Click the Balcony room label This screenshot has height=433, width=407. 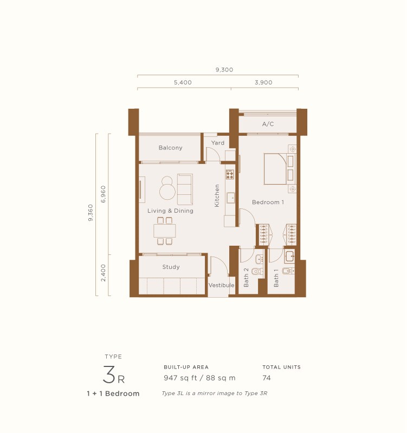pyautogui.click(x=170, y=148)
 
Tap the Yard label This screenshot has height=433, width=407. pyautogui.click(x=217, y=143)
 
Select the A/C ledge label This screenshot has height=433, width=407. pyautogui.click(x=268, y=124)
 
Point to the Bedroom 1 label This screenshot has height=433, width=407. pyautogui.click(x=268, y=202)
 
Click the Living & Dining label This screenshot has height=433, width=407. pyautogui.click(x=170, y=211)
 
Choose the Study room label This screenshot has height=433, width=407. pyautogui.click(x=171, y=267)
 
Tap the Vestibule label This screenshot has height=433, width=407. pyautogui.click(x=221, y=285)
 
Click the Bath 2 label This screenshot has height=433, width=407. pyautogui.click(x=246, y=278)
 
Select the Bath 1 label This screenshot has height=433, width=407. pyautogui.click(x=276, y=278)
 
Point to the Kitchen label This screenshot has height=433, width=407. pyautogui.click(x=217, y=195)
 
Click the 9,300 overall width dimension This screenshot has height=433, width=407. pyautogui.click(x=224, y=69)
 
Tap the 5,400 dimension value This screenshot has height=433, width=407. pyautogui.click(x=183, y=83)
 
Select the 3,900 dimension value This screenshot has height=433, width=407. pyautogui.click(x=263, y=83)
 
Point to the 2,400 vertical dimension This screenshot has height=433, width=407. pyautogui.click(x=104, y=274)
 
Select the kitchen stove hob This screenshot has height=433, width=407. pyautogui.click(x=230, y=174)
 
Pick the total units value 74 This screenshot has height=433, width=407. pyautogui.click(x=267, y=378)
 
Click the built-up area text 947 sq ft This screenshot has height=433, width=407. pyautogui.click(x=179, y=378)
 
